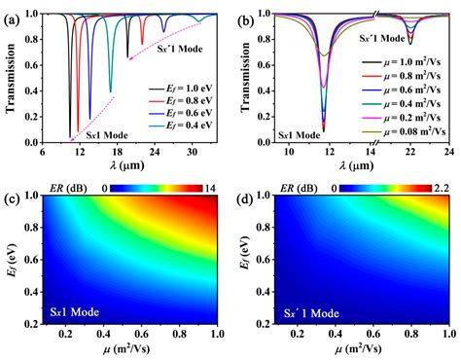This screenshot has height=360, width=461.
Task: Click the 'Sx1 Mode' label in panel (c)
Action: click(x=71, y=313)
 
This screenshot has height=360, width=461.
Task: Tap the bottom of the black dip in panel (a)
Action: click(x=70, y=136)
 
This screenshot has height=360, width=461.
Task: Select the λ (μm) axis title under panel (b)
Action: click(x=354, y=166)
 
